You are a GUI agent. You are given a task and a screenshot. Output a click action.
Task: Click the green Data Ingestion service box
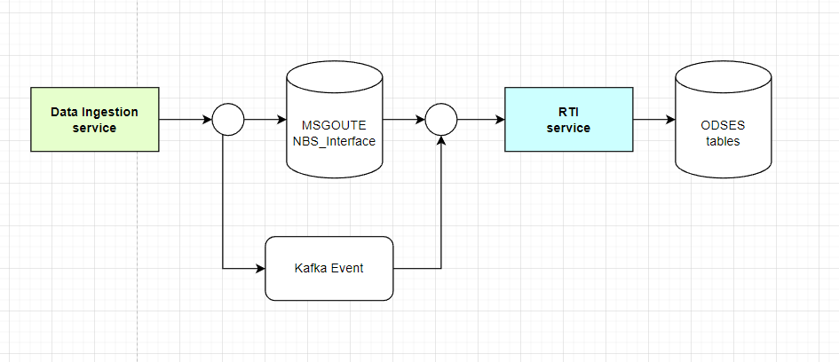pos(95,120)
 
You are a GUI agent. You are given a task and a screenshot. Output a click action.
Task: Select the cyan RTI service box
pos(568,120)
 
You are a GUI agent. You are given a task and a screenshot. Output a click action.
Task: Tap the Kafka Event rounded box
pos(328,268)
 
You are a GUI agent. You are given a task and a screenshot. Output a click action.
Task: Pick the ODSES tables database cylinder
pos(721,124)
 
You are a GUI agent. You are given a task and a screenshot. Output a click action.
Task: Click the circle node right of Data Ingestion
pos(228,120)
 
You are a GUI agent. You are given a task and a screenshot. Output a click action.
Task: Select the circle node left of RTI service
pos(441,120)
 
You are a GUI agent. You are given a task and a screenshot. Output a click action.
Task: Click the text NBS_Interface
pos(334,141)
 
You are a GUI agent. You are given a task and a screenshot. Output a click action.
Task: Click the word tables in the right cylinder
pos(721,141)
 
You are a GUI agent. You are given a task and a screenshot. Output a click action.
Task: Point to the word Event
pos(346,268)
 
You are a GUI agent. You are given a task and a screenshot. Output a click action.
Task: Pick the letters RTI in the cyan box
pos(568,113)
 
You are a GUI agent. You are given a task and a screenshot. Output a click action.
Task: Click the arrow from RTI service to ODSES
pos(653,120)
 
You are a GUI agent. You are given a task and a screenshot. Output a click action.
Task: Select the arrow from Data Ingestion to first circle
pos(185,120)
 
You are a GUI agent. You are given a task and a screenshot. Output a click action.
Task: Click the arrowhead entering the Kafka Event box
pos(260,268)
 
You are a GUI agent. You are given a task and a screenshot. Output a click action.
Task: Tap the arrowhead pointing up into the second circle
pos(441,143)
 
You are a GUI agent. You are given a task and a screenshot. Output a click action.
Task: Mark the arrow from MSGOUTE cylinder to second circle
pos(403,120)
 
